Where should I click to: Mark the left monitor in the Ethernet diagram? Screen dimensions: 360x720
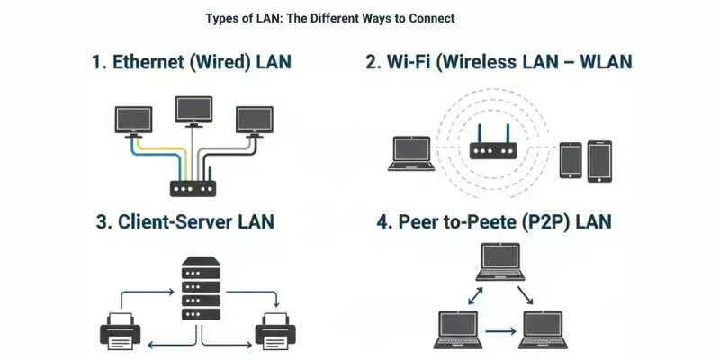pos(133,121)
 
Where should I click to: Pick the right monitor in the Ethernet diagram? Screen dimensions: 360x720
pos(253,121)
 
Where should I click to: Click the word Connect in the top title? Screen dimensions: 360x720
pos(429,18)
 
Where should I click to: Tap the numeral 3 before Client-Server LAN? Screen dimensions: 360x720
pos(102,222)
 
